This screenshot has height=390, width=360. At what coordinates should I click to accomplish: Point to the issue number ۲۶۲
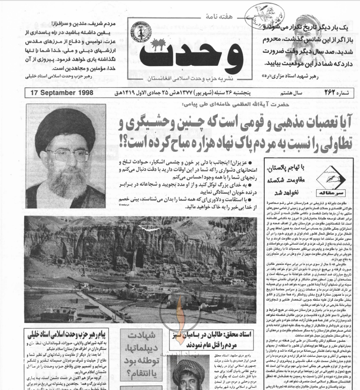click(x=330, y=93)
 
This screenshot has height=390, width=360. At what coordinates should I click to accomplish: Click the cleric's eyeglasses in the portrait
click(x=67, y=155)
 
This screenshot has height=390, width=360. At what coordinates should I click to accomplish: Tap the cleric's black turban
click(x=65, y=127)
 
